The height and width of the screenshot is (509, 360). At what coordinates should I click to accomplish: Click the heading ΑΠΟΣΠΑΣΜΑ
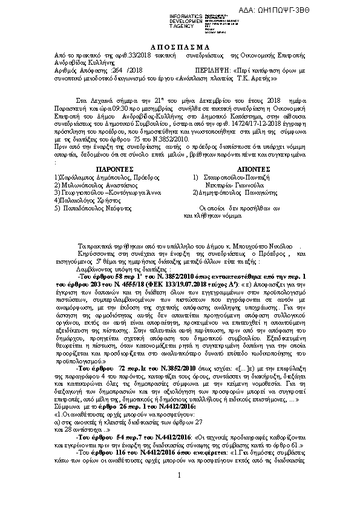point(179,47)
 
